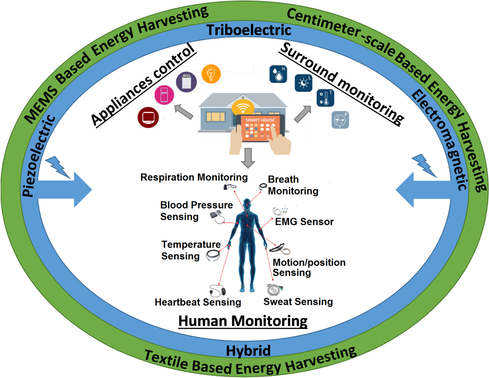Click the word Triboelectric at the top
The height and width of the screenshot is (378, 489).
(248, 30)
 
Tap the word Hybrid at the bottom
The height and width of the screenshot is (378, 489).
(248, 351)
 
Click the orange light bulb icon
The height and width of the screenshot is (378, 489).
(211, 74)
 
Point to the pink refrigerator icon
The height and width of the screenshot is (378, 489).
(164, 95)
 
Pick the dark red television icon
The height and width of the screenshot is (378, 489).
(148, 117)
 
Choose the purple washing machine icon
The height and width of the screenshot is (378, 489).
(186, 82)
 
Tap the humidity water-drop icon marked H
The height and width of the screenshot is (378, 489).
(278, 74)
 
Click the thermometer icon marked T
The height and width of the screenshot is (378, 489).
(325, 98)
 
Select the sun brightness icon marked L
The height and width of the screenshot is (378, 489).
(304, 83)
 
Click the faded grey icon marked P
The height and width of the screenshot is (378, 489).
(340, 120)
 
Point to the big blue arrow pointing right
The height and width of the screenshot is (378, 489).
(65, 189)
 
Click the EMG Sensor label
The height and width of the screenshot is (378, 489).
(304, 222)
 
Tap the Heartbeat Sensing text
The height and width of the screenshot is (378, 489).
(198, 302)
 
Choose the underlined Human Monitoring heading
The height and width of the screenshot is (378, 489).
(243, 321)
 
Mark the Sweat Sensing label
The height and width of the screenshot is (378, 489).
(298, 302)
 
